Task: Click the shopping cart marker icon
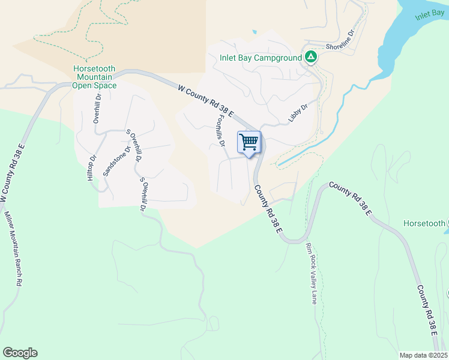coord(249,143)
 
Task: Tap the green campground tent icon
coord(310,58)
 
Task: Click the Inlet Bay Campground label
coord(259,58)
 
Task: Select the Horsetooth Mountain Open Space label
coord(94,77)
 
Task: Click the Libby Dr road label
coord(298,113)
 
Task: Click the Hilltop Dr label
coord(91,169)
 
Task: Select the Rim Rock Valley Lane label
coord(312,274)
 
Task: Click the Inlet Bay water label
coord(429,15)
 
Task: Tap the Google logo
coord(20,353)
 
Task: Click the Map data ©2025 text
coord(423,355)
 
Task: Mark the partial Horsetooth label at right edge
coord(425,223)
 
